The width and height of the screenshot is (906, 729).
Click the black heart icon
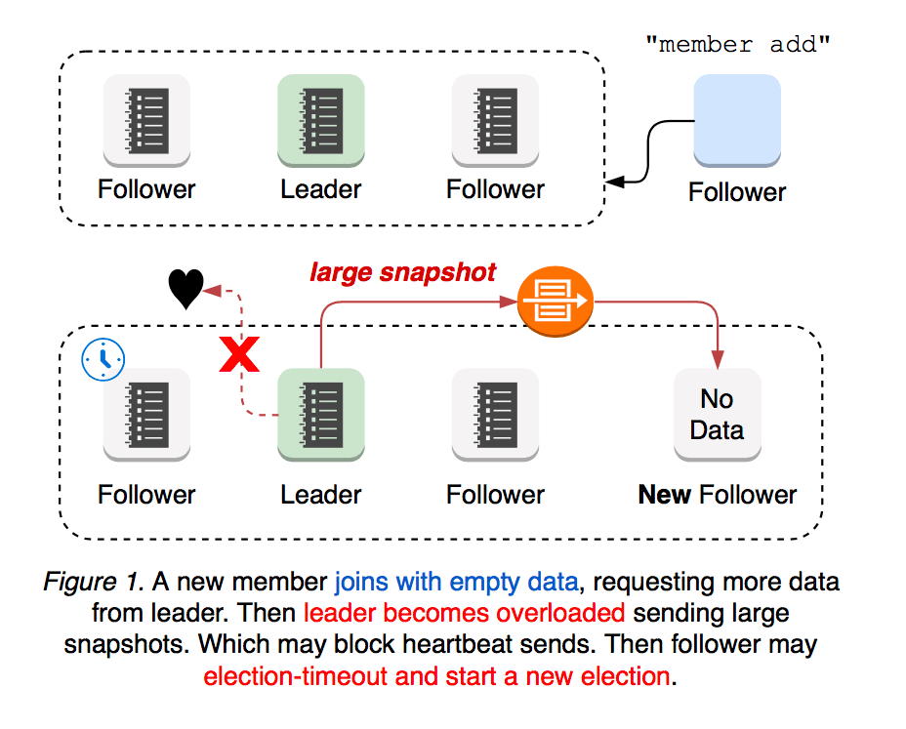click(185, 289)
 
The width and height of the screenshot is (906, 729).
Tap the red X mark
click(239, 356)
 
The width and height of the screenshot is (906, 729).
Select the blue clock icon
click(103, 360)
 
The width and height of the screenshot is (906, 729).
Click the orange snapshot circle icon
click(555, 303)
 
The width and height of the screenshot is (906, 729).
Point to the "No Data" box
click(717, 414)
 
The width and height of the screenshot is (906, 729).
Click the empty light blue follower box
click(736, 119)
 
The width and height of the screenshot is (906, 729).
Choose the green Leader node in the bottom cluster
click(320, 413)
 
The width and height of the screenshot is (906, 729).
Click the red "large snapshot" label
click(403, 272)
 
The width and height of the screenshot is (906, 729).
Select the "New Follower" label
click(717, 495)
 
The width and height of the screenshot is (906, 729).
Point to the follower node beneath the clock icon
click(146, 413)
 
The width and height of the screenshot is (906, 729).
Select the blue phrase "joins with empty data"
click(457, 583)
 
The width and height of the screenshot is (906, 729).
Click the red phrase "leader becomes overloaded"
click(464, 614)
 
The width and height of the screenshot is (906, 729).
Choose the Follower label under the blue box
click(736, 192)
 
